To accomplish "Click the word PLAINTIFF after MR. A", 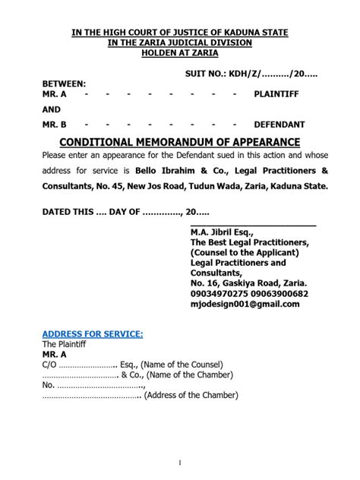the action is (x=279, y=93).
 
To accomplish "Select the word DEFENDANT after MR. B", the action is (x=279, y=123).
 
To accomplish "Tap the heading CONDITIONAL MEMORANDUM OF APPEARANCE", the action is (x=179, y=142).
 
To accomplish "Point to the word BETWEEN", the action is (x=64, y=82).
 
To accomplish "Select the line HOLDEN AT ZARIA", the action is (x=180, y=53).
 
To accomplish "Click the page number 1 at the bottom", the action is (x=180, y=463).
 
